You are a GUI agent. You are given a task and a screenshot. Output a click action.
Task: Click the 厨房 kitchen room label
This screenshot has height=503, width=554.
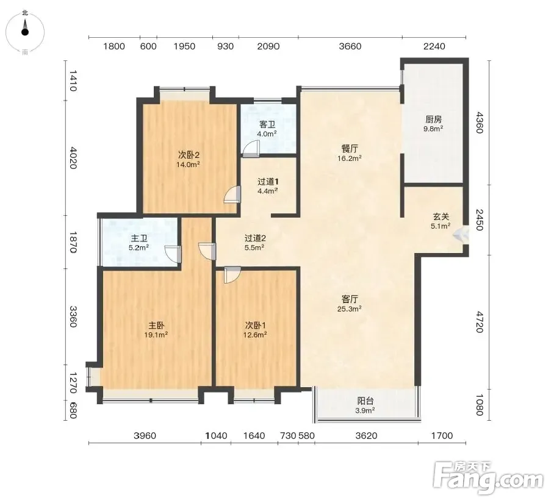[x=433, y=120]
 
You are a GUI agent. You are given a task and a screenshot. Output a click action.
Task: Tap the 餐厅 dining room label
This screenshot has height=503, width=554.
[x=350, y=149]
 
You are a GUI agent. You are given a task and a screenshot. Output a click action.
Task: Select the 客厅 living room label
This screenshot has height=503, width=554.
[x=350, y=299]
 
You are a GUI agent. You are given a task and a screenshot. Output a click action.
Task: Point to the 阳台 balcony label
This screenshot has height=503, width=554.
[x=365, y=401]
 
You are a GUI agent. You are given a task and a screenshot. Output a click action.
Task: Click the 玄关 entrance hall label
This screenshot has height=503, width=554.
[x=441, y=216]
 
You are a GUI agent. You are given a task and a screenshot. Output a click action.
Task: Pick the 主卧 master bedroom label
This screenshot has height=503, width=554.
[x=156, y=325]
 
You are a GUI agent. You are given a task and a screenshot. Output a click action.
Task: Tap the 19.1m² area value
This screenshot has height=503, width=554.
[x=156, y=335]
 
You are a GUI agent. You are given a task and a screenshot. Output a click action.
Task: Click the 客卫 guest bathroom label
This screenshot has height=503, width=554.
[x=267, y=124]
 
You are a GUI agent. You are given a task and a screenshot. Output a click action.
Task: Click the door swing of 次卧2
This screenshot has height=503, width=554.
[x=232, y=194]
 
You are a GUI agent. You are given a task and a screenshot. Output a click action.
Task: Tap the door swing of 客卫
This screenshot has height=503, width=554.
[x=251, y=149]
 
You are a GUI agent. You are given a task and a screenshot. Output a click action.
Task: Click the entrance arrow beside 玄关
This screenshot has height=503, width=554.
[x=461, y=234]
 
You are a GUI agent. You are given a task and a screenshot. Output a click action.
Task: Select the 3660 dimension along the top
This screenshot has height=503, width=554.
[x=350, y=46]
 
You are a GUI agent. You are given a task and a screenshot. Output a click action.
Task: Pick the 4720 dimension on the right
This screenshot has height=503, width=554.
[x=479, y=322]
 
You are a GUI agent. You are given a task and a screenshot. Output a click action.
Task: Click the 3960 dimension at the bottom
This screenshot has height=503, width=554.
[x=145, y=435]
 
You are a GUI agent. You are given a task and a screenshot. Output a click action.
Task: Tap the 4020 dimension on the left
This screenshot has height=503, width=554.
[x=73, y=158]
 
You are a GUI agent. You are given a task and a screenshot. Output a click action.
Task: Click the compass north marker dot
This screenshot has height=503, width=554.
[x=25, y=32]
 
